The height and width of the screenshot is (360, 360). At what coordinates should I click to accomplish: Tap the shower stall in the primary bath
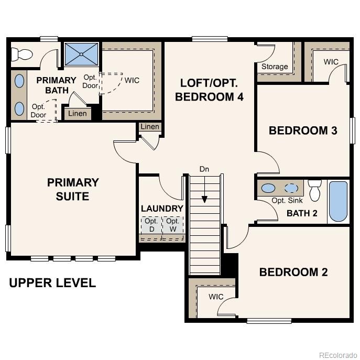[x=81, y=54]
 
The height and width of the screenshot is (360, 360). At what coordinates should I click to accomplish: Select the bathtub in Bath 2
[x=338, y=201]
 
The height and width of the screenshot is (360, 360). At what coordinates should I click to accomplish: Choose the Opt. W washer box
[x=172, y=225]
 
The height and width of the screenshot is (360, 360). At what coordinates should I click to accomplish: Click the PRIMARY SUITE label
[x=73, y=189]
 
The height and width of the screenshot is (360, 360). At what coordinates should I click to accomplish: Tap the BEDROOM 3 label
[x=302, y=130]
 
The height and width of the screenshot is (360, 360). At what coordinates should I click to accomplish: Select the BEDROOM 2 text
[x=293, y=272]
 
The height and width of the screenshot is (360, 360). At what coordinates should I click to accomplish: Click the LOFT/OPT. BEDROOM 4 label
[x=209, y=90]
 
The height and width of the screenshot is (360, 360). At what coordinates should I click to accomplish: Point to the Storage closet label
[x=275, y=67]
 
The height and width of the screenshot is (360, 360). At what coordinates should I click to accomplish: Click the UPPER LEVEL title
[x=52, y=283]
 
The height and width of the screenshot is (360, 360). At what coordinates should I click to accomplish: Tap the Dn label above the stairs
[x=204, y=169]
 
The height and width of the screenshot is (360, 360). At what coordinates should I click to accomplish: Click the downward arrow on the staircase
[x=204, y=200]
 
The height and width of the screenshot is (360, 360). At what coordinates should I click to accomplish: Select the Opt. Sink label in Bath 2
[x=287, y=201]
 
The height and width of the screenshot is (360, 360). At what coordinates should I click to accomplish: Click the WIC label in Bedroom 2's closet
[x=216, y=297]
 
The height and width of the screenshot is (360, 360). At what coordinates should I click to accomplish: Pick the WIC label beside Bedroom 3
[x=331, y=62]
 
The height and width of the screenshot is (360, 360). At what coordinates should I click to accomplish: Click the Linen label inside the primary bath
[x=78, y=114]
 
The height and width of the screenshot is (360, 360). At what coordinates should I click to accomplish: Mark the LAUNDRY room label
[x=162, y=208]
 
